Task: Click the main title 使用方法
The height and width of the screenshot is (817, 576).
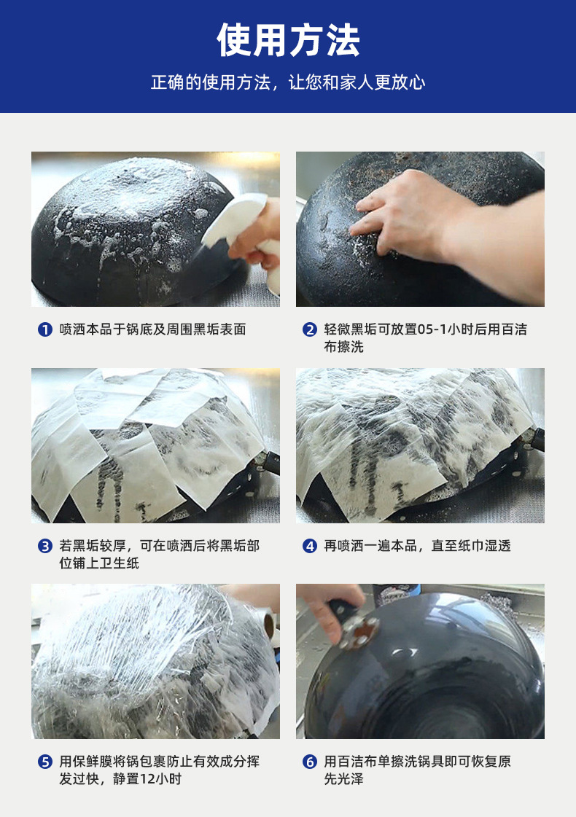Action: [x=288, y=40]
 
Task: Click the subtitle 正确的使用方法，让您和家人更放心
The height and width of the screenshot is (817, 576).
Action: [x=288, y=82]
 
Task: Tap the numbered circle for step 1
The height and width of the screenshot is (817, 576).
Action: [x=45, y=330]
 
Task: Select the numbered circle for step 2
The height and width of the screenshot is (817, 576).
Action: [x=310, y=330]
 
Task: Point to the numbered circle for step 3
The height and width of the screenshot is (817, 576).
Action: [x=45, y=546]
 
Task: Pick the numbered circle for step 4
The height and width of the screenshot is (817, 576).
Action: [x=310, y=546]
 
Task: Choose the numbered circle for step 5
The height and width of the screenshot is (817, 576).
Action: [x=45, y=762]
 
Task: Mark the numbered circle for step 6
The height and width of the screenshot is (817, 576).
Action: [x=310, y=762]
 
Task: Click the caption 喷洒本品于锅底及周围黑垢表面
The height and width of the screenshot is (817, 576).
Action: [x=152, y=329]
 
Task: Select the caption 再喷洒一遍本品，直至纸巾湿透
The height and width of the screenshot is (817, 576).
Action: [x=417, y=546]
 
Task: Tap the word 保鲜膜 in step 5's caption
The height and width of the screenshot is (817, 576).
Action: [x=93, y=762]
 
